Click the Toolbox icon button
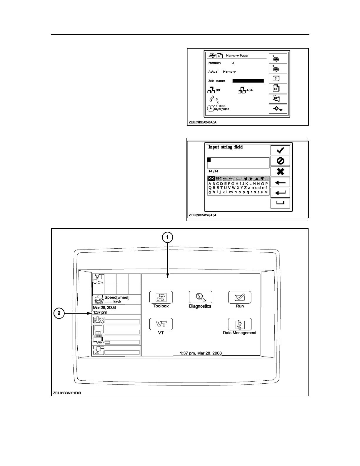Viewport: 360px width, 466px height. click(x=161, y=297)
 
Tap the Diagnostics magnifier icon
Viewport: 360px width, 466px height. click(x=200, y=297)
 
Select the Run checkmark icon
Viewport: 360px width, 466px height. click(x=240, y=297)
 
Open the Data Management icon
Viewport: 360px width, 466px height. click(x=240, y=324)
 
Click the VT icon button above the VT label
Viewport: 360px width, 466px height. click(x=161, y=324)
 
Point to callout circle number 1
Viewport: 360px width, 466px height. click(x=168, y=237)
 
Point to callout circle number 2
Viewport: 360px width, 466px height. click(x=59, y=313)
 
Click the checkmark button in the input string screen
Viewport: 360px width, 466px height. click(x=280, y=150)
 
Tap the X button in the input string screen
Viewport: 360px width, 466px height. click(x=280, y=172)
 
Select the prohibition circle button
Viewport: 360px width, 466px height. click(x=280, y=161)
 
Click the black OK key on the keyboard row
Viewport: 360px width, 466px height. click(x=211, y=178)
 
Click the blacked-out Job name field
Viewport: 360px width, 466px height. click(x=248, y=81)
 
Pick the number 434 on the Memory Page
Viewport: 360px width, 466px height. click(x=249, y=90)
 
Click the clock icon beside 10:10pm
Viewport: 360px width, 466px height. click(x=211, y=108)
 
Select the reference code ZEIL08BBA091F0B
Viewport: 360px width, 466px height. click(x=67, y=393)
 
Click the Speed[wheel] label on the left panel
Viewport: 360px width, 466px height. click(x=117, y=297)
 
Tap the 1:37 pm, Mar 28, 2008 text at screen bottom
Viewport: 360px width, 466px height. click(x=201, y=353)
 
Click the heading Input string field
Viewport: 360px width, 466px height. click(x=226, y=147)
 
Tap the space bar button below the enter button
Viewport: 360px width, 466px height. click(x=280, y=203)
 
